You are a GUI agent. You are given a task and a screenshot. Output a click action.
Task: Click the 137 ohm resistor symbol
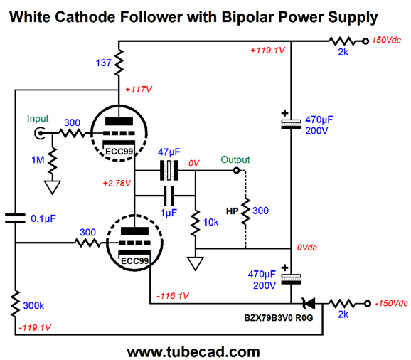119,63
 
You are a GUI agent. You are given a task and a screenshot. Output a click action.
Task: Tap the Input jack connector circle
40,134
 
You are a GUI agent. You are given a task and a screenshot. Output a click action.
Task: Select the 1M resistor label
38,159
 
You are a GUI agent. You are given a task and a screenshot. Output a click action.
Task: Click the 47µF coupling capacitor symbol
169,171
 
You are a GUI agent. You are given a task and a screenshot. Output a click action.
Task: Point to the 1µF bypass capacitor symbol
169,196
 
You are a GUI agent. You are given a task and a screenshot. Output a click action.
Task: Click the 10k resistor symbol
196,223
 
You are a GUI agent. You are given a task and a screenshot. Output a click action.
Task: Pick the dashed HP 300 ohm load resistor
245,211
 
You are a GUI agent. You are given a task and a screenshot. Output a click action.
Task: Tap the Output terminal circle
236,171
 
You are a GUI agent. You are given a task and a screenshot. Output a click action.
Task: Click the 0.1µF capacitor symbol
15,218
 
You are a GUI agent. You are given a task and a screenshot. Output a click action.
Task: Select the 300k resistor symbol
15,303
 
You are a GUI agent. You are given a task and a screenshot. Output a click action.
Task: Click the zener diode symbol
309,304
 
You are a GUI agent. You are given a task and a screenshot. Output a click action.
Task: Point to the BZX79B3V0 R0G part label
279,318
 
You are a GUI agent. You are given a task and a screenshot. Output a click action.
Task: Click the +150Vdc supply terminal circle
365,41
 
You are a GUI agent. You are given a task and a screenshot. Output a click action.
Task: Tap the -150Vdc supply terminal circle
368,304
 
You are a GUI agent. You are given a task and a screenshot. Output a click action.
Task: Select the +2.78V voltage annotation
117,184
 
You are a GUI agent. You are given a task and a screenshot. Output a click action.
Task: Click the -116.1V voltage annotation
173,296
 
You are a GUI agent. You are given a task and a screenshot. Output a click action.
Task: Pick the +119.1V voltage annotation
267,51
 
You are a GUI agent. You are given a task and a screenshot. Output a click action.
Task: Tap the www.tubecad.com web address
193,351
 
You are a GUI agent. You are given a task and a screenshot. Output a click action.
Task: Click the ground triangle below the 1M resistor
53,187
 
